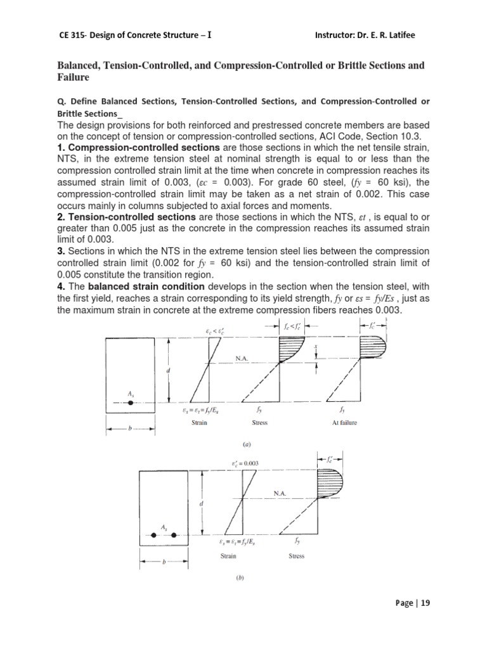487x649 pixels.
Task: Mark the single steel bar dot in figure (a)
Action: click(130, 402)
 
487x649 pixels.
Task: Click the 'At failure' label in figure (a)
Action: click(345, 423)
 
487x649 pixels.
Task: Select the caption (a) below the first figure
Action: click(245, 445)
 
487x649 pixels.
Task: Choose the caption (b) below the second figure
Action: click(245, 577)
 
